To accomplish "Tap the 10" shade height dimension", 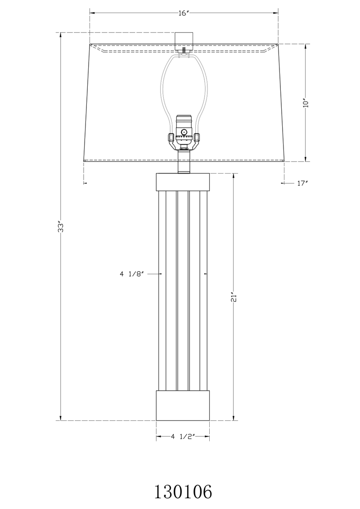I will point(306,103).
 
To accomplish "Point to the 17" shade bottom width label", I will point(302,183).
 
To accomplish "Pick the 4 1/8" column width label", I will point(131,273).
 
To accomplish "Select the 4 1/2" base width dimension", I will point(182,436).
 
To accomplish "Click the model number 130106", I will point(183,492).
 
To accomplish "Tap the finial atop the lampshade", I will point(183,40).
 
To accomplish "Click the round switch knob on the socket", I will point(184,132).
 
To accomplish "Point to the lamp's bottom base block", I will point(183,405).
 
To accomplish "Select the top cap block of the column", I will point(183,182).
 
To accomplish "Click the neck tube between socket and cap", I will point(183,161).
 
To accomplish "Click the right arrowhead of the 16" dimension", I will point(276,13).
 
